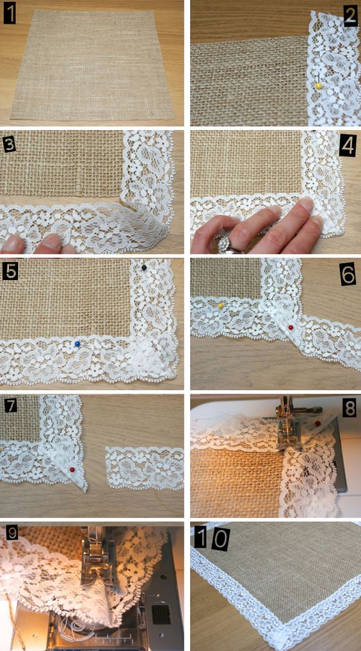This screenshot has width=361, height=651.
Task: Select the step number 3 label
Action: tap(9, 145)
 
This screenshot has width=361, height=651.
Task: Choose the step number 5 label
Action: tap(9, 271)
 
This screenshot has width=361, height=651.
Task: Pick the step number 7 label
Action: tap(10, 406)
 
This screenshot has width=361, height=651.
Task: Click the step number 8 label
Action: tap(349, 409)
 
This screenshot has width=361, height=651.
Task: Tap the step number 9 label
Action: tap(12, 533)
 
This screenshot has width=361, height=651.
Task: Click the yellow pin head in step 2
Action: tap(319, 86)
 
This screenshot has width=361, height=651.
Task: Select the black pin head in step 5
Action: tap(143, 268)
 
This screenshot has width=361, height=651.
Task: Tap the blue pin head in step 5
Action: tap(77, 344)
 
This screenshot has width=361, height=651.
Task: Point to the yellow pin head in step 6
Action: tap(221, 306)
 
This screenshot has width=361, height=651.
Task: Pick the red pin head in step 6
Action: tap(291, 327)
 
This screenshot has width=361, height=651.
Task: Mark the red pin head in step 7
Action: tap(72, 470)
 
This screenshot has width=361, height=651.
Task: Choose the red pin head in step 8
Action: tap(317, 424)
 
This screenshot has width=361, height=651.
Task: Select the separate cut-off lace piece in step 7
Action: tap(144, 466)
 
